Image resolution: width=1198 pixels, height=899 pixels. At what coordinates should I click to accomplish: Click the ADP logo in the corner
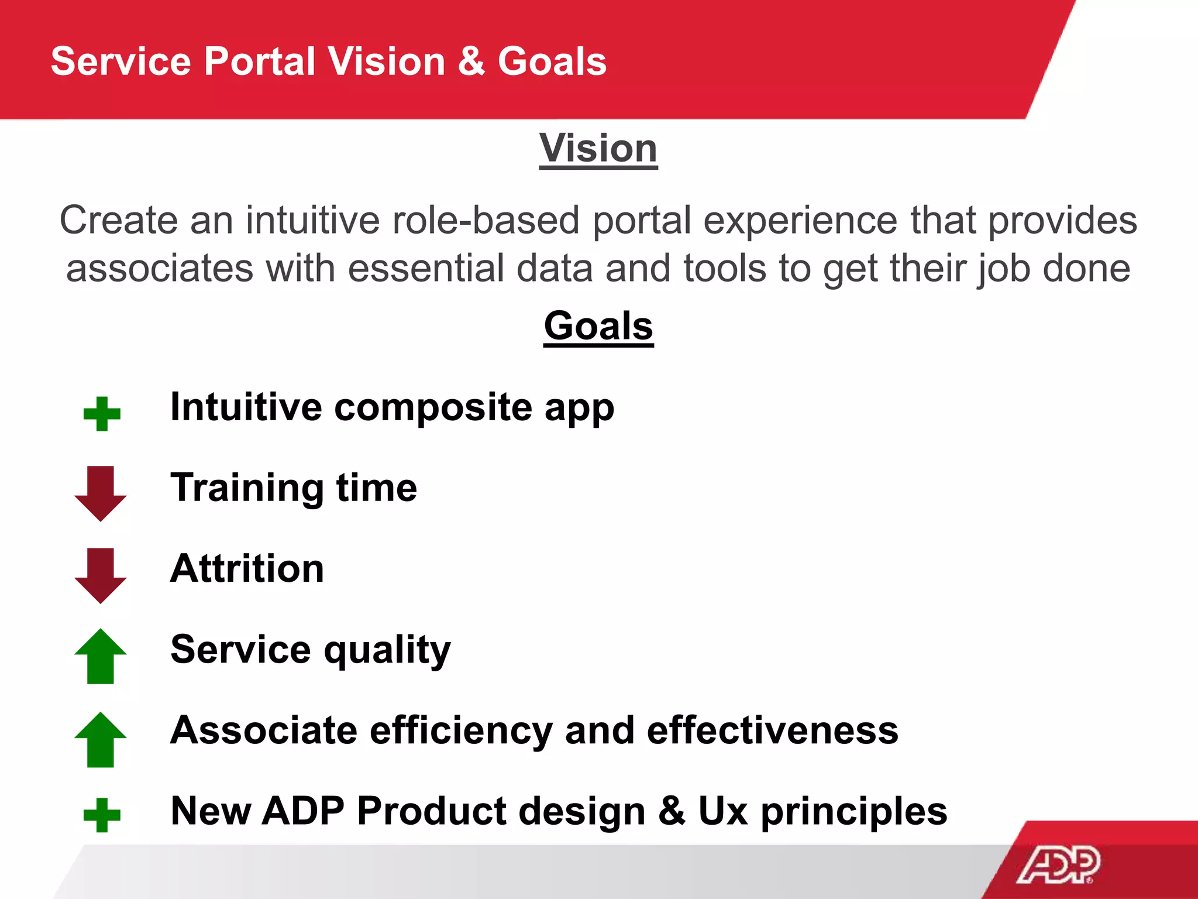1059,864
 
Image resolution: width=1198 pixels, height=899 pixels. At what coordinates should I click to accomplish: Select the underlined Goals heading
598,326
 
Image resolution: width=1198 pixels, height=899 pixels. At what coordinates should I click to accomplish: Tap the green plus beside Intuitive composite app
102,414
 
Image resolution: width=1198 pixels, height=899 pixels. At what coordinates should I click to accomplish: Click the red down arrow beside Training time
101,493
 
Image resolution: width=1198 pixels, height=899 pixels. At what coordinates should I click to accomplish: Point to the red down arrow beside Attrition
101,575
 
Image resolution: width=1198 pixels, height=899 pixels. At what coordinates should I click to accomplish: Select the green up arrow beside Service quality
101,656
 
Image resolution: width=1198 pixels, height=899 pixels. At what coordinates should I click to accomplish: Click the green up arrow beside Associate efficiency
101,739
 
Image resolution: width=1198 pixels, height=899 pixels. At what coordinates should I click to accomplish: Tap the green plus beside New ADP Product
102,815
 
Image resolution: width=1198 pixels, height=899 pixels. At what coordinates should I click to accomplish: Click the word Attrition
247,569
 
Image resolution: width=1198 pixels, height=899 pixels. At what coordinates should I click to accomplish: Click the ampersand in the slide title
471,61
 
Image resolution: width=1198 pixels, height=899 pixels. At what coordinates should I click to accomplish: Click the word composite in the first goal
433,408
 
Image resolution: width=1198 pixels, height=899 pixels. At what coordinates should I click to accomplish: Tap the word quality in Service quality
387,651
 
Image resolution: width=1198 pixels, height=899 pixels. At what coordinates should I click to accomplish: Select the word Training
247,488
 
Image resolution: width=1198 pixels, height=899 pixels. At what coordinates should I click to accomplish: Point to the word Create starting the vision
118,221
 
